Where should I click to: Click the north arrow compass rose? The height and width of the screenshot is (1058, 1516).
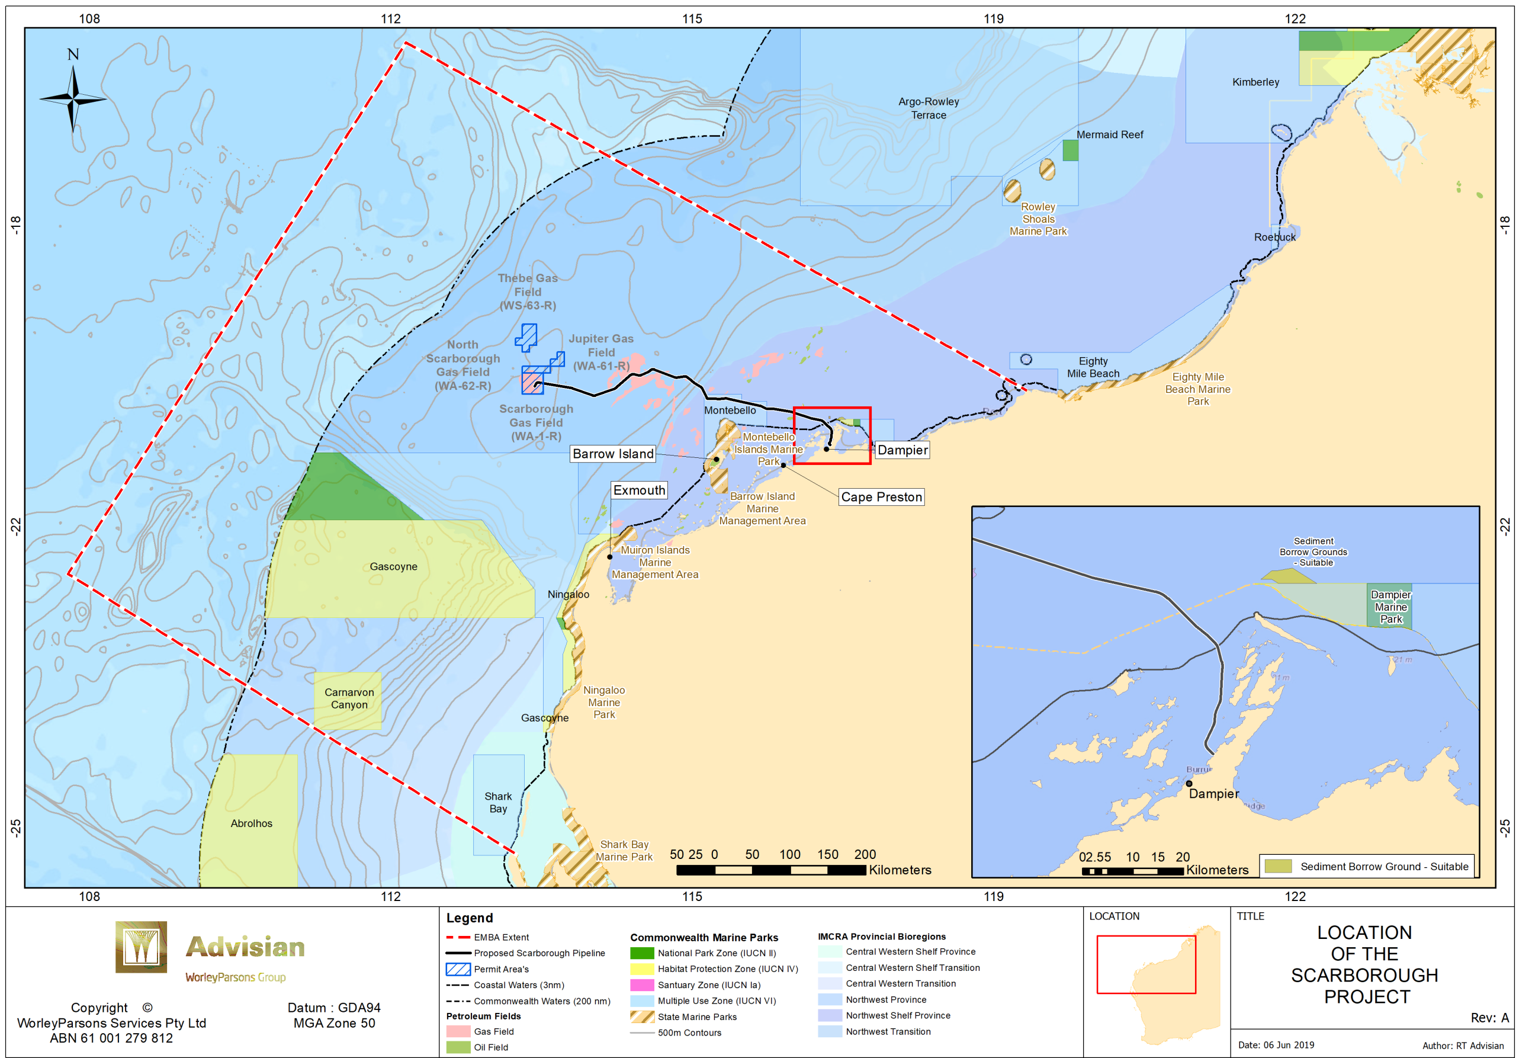point(73,99)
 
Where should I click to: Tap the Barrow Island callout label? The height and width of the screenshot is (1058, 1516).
point(613,454)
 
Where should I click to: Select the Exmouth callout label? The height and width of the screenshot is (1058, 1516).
point(639,490)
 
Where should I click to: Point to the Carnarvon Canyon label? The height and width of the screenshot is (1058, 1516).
point(349,698)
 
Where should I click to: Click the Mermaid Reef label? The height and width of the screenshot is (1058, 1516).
point(1109,134)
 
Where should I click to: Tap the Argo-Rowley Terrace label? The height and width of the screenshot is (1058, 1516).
point(929,108)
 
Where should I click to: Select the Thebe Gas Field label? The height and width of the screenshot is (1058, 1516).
point(528,291)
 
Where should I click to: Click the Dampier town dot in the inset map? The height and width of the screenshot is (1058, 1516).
point(1189,783)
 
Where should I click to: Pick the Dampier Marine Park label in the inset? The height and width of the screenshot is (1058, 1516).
point(1390,606)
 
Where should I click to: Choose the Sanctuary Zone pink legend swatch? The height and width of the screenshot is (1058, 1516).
point(642,985)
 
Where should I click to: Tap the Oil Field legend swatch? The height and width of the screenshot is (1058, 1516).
point(458,1047)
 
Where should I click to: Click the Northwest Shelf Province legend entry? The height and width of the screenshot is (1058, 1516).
point(897,1015)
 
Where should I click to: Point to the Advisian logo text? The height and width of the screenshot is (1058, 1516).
point(245,947)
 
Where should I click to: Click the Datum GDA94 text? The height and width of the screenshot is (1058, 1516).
point(333,1007)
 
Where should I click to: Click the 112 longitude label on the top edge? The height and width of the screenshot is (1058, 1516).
point(391,18)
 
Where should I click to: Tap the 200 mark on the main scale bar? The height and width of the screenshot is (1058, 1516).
point(865,854)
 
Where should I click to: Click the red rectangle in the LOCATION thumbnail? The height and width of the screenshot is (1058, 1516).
point(1146,964)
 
